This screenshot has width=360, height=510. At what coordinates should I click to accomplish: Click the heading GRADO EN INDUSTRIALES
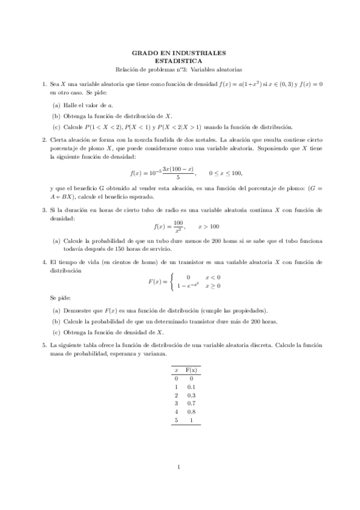(179, 53)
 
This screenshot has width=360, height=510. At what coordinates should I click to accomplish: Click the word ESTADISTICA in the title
(179, 61)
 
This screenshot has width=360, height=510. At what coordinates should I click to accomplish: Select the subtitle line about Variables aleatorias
(179, 69)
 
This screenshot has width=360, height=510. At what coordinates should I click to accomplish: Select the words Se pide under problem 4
(60, 298)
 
